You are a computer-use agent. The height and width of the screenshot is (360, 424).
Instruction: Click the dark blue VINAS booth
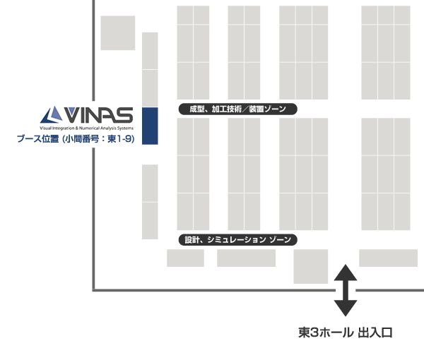coord(150,126)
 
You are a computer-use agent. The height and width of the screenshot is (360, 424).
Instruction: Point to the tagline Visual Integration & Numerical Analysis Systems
coord(86,127)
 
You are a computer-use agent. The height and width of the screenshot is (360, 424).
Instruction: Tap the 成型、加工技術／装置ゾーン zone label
coord(237,109)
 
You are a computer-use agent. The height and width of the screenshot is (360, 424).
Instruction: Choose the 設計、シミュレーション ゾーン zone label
coord(237,240)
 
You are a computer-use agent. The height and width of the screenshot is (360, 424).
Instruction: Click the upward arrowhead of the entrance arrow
coord(345,271)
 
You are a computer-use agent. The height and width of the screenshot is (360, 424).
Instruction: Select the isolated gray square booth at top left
coord(117,33)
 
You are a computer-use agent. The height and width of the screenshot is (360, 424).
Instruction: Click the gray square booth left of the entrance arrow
coord(310,266)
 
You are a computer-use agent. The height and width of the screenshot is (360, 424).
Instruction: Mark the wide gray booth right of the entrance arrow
coord(388,258)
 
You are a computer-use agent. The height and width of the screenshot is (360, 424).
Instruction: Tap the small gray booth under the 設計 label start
coord(185,258)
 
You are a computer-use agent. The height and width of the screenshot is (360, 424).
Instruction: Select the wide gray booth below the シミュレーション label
coord(246,258)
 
